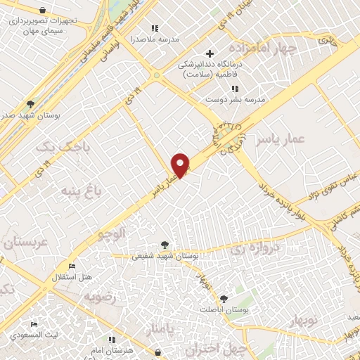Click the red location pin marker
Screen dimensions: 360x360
[181, 165]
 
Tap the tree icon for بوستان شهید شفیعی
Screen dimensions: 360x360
[165, 245]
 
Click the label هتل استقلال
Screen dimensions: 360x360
[72, 277]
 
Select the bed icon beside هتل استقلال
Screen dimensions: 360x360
[72, 266]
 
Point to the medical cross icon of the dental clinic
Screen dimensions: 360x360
[209, 53]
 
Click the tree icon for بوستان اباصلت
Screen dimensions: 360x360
[224, 299]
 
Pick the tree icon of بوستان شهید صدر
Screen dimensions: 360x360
[29, 104]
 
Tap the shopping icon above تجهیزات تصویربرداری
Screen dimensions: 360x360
[43, 10]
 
